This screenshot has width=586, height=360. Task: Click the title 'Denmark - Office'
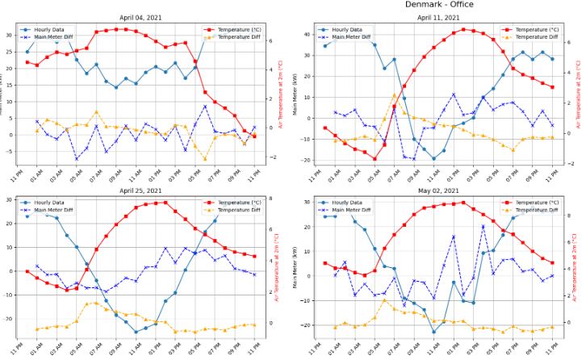pos(440,5)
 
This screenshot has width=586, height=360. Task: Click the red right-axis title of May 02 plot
pos(575,270)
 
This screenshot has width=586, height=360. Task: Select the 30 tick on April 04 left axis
pos(11,35)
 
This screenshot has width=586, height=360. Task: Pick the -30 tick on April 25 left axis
pos(10,318)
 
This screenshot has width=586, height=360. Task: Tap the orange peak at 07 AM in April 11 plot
pos(394,95)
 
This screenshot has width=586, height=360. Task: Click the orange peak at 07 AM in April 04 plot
pos(96,112)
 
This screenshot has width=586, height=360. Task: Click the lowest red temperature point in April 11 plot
pos(375,158)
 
